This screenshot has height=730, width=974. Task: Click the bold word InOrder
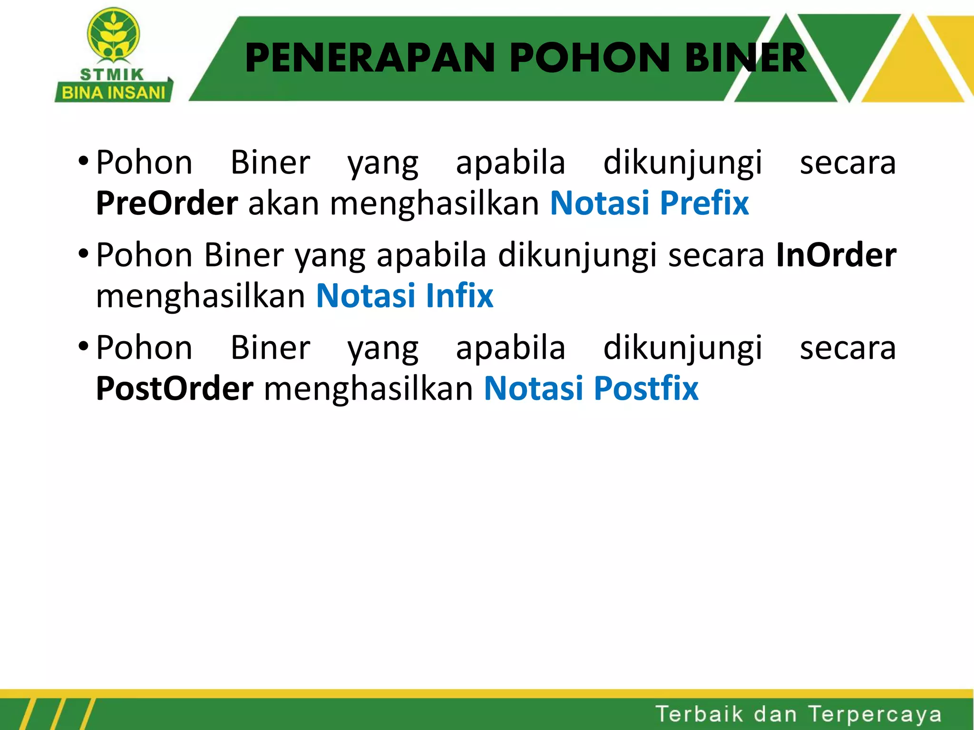pos(836,255)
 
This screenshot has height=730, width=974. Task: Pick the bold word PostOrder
pos(175,389)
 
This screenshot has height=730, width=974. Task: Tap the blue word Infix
pos(459,296)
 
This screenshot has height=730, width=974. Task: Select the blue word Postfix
pos(646,389)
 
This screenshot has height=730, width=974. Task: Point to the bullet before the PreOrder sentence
pos(83,160)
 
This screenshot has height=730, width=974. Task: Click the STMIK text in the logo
pos(112,75)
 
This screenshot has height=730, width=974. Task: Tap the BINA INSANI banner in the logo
pos(113,92)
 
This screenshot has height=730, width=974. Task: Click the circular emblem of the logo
pos(113,34)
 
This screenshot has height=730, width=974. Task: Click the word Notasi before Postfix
pos(533,389)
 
